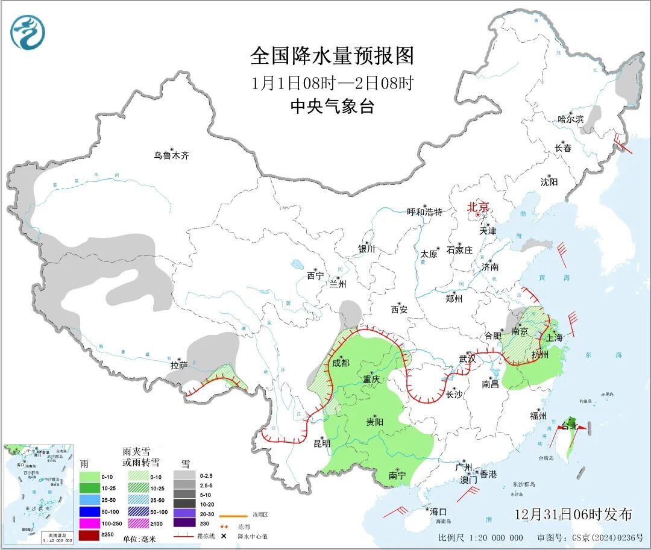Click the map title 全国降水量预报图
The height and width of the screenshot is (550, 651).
[332, 56]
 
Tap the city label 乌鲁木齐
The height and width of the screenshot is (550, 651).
[171, 155]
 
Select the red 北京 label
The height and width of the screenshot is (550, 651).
[479, 207]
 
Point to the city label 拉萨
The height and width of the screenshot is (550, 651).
[179, 365]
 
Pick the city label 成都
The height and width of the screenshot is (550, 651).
[341, 363]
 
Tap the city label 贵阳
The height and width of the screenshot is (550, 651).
[374, 422]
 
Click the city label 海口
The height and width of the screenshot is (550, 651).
[439, 511]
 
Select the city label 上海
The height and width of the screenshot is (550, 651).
[555, 338]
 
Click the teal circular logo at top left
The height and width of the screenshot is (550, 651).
[28, 32]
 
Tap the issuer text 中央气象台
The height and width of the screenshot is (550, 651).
[332, 106]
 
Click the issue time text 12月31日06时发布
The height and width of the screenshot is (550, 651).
[573, 514]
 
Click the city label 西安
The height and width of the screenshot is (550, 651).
[399, 310]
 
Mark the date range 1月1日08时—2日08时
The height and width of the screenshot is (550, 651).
[332, 82]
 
